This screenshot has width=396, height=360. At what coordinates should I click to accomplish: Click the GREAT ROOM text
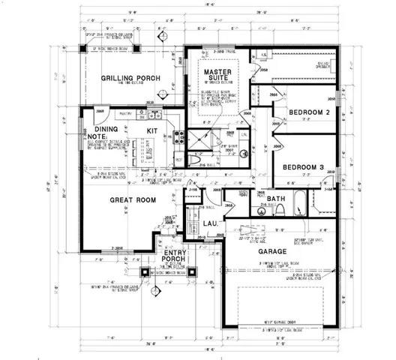pos(133,199)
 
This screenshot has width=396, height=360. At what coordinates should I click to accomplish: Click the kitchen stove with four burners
pos(179,137)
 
